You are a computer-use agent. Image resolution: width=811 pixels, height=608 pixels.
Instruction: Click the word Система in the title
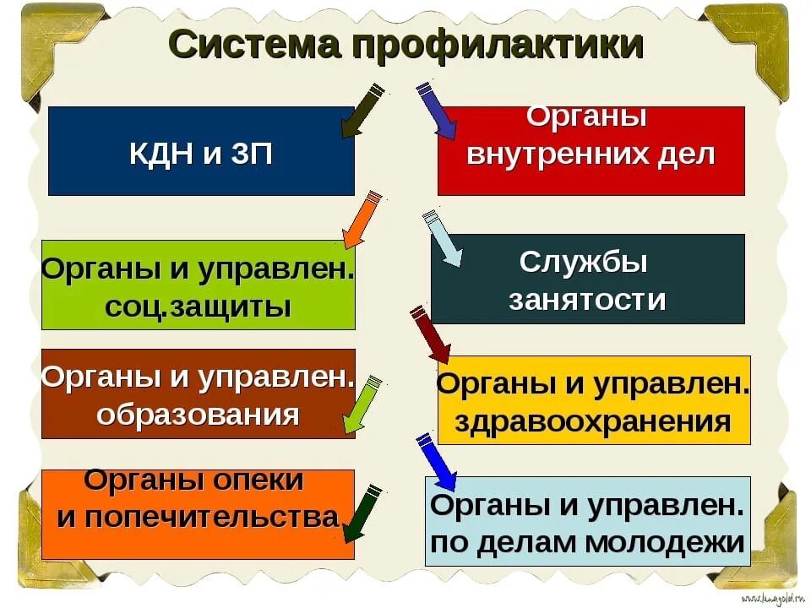pyautogui.click(x=254, y=44)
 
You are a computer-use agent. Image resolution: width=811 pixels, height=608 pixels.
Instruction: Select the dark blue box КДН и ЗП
pyautogui.click(x=201, y=151)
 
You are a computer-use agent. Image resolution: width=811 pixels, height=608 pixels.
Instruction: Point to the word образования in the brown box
pyautogui.click(x=198, y=415)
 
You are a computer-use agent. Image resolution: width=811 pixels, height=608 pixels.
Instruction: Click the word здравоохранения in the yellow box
pyautogui.click(x=593, y=421)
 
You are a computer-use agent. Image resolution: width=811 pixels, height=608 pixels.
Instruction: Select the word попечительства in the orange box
pyautogui.click(x=199, y=517)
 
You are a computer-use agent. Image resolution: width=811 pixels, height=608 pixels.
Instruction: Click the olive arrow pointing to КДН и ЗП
pyautogui.click(x=362, y=109)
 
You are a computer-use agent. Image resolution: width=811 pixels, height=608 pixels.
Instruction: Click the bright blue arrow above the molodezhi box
pyautogui.click(x=437, y=461)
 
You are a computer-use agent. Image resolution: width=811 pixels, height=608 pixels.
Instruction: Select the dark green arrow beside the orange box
pyautogui.click(x=362, y=512)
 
